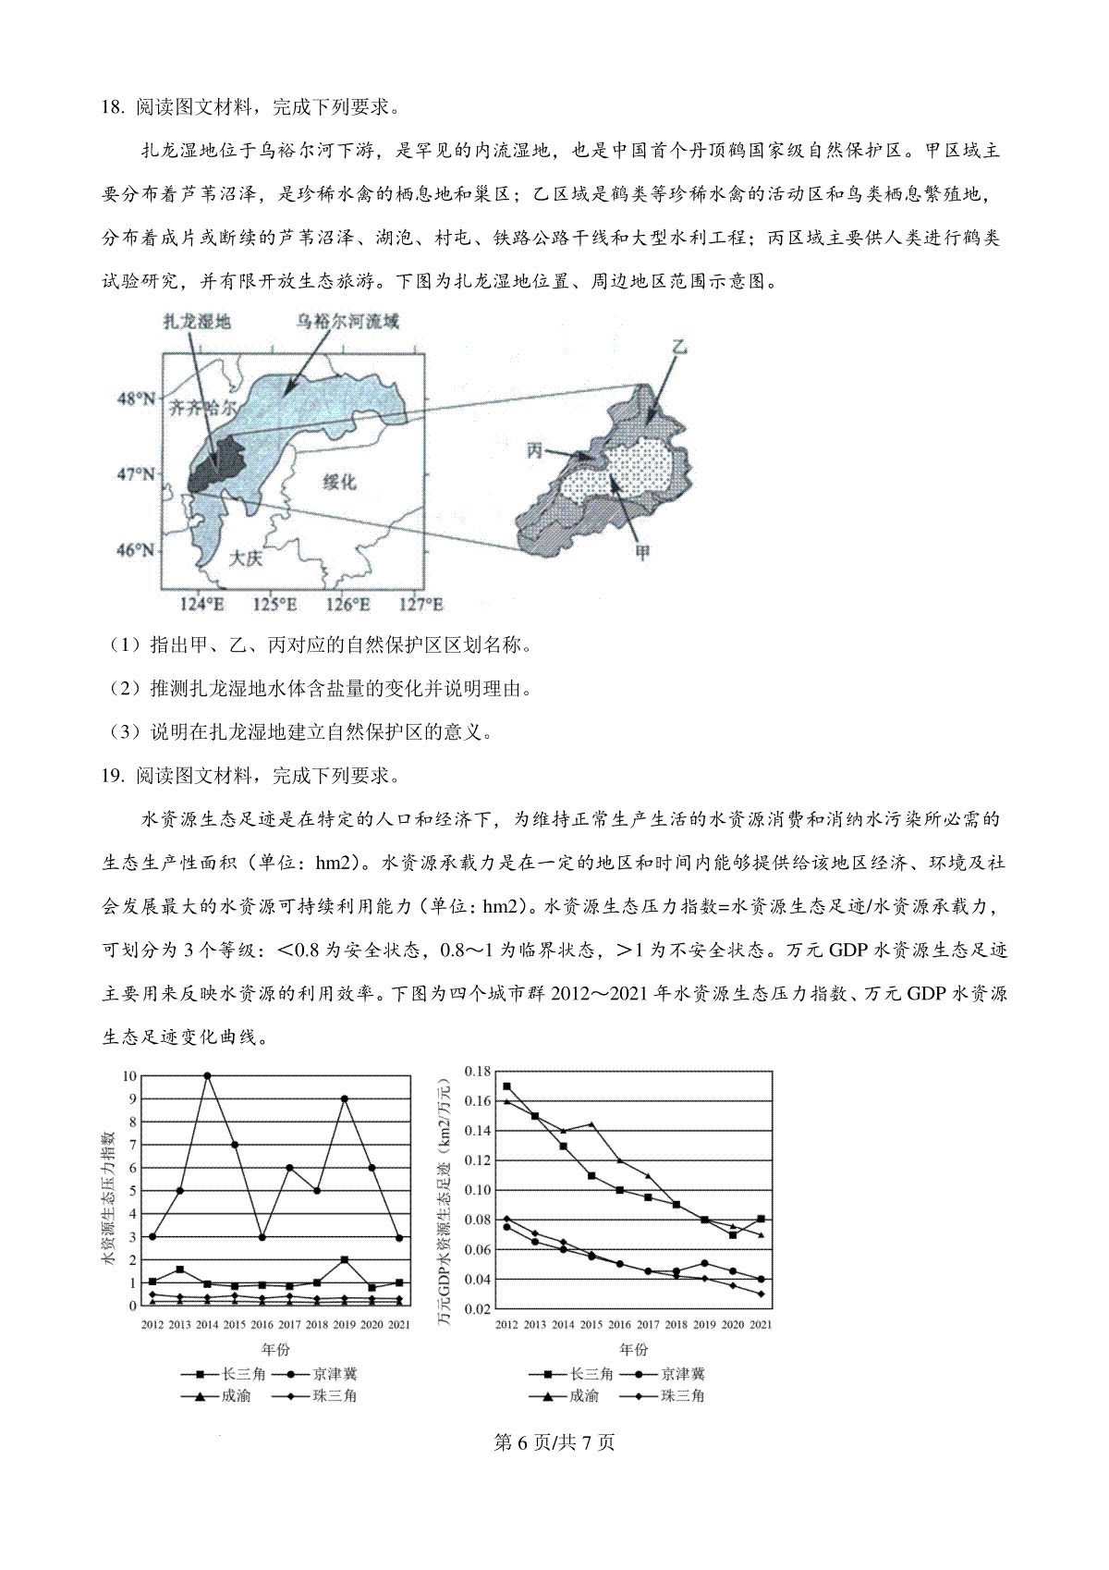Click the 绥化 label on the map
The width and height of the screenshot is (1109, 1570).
pyautogui.click(x=339, y=482)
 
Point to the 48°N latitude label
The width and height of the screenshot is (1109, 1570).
pyautogui.click(x=135, y=399)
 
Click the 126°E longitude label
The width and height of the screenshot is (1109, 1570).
pyautogui.click(x=347, y=605)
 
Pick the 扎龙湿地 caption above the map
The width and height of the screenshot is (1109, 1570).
pyautogui.click(x=196, y=322)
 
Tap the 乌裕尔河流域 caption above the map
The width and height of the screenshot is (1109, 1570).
pyautogui.click(x=347, y=322)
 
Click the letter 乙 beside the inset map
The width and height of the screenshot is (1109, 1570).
pyautogui.click(x=680, y=348)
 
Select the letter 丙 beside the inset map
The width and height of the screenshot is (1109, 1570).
pyautogui.click(x=534, y=451)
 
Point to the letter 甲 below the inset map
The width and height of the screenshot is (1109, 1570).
pyautogui.click(x=640, y=553)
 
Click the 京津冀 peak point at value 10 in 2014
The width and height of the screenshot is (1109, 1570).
pyautogui.click(x=207, y=1075)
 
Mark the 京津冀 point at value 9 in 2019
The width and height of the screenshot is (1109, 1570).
pyautogui.click(x=344, y=1098)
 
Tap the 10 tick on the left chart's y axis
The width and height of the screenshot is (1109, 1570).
pyautogui.click(x=128, y=1076)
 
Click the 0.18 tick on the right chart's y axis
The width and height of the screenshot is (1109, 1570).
pyautogui.click(x=477, y=1072)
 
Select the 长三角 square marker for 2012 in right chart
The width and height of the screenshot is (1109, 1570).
pyautogui.click(x=506, y=1086)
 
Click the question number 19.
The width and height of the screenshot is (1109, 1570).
pyautogui.click(x=112, y=776)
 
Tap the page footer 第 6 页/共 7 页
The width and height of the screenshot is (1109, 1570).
pyautogui.click(x=554, y=1442)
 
